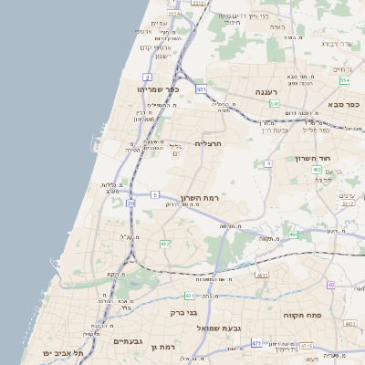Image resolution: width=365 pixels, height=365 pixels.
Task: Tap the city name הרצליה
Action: pyautogui.click(x=210, y=144)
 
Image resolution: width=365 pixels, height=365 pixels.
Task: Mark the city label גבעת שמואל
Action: pyautogui.click(x=218, y=326)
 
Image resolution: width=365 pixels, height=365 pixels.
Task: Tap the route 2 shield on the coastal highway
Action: pyautogui.click(x=148, y=77)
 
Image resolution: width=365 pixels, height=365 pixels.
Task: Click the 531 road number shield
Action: pyautogui.click(x=201, y=89)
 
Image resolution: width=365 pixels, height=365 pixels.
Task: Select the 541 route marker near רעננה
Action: pyautogui.click(x=275, y=103)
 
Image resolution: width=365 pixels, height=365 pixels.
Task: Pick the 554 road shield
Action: pyautogui.click(x=345, y=80)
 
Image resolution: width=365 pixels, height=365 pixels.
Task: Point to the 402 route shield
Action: pyautogui.click(x=317, y=170)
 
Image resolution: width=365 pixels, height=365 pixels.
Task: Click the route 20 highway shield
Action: pyautogui.click(x=130, y=203)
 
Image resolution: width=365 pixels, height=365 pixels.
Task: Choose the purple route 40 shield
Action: pyautogui.click(x=330, y=285)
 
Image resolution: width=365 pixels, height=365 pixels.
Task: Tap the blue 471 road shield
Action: pyautogui.click(x=256, y=343)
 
